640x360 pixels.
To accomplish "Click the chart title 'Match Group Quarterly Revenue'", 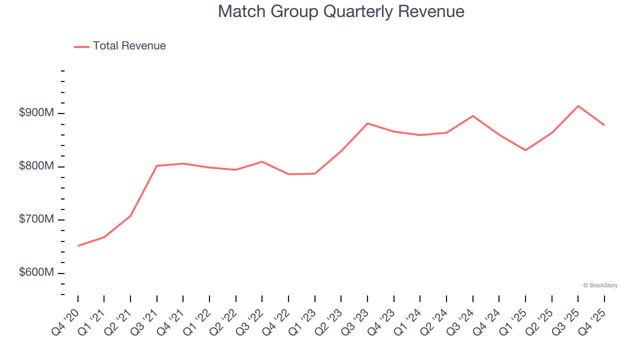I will point(341,11).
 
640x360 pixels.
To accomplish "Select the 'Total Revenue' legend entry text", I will point(129,46).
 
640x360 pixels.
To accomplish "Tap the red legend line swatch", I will point(81,46).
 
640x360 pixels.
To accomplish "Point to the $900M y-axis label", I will point(36,113).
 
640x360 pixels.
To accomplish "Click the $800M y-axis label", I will point(36,166).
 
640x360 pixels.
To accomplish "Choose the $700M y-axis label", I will point(36,219).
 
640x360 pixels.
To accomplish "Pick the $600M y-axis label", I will point(36,273).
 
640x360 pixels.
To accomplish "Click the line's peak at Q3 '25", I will point(578,106).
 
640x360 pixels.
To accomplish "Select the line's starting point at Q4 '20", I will point(78,246).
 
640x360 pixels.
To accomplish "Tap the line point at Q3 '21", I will point(157,165).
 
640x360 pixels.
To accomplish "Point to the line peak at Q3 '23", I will point(367,123).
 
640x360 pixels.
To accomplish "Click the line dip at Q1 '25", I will point(525,150).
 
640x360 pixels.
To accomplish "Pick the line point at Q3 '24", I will point(472,116).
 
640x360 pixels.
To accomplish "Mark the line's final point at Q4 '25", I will point(604,125).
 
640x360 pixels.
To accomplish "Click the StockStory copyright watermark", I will point(600,285).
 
